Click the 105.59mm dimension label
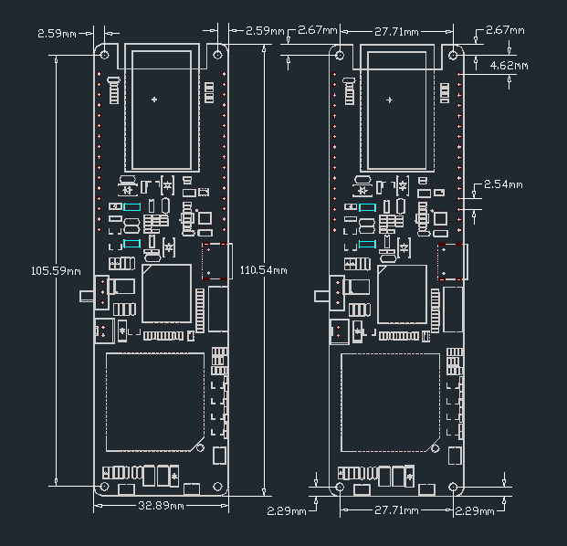pos(57,271)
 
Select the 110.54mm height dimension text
pos(264,271)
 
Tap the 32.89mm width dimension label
pos(162,505)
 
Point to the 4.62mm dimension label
pos(509,66)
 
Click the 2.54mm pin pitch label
pos(503,184)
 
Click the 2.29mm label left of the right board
pos(286,510)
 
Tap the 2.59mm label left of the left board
pos(57,33)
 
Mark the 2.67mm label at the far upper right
pos(505,30)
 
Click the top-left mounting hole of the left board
pos(105,54)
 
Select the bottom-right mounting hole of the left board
pos(218,487)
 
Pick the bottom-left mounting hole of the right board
pos(340,487)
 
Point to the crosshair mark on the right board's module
pos(391,99)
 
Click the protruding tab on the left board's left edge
pos(88,295)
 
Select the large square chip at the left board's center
pos(166,294)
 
